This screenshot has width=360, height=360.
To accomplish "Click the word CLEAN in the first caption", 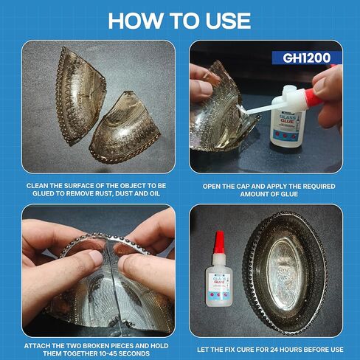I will tap(39, 186).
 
